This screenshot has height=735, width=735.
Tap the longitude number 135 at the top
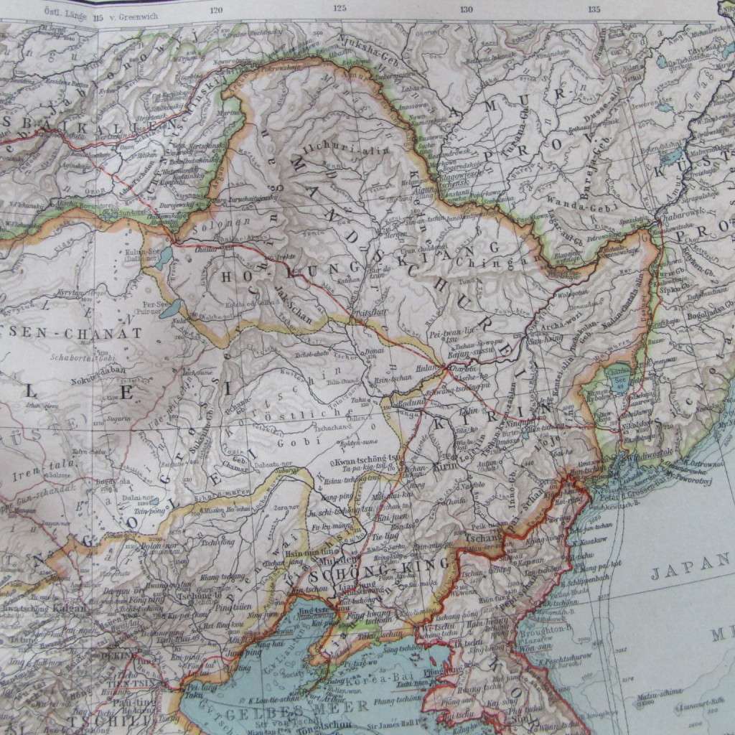point(594,9)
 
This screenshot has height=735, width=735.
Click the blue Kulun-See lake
point(163,256)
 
